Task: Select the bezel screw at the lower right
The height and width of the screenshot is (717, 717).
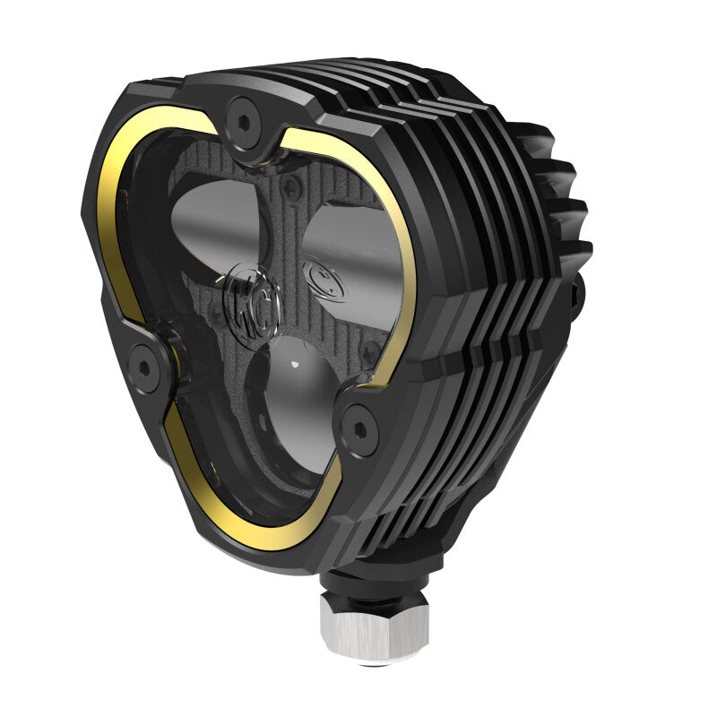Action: (360, 419)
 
